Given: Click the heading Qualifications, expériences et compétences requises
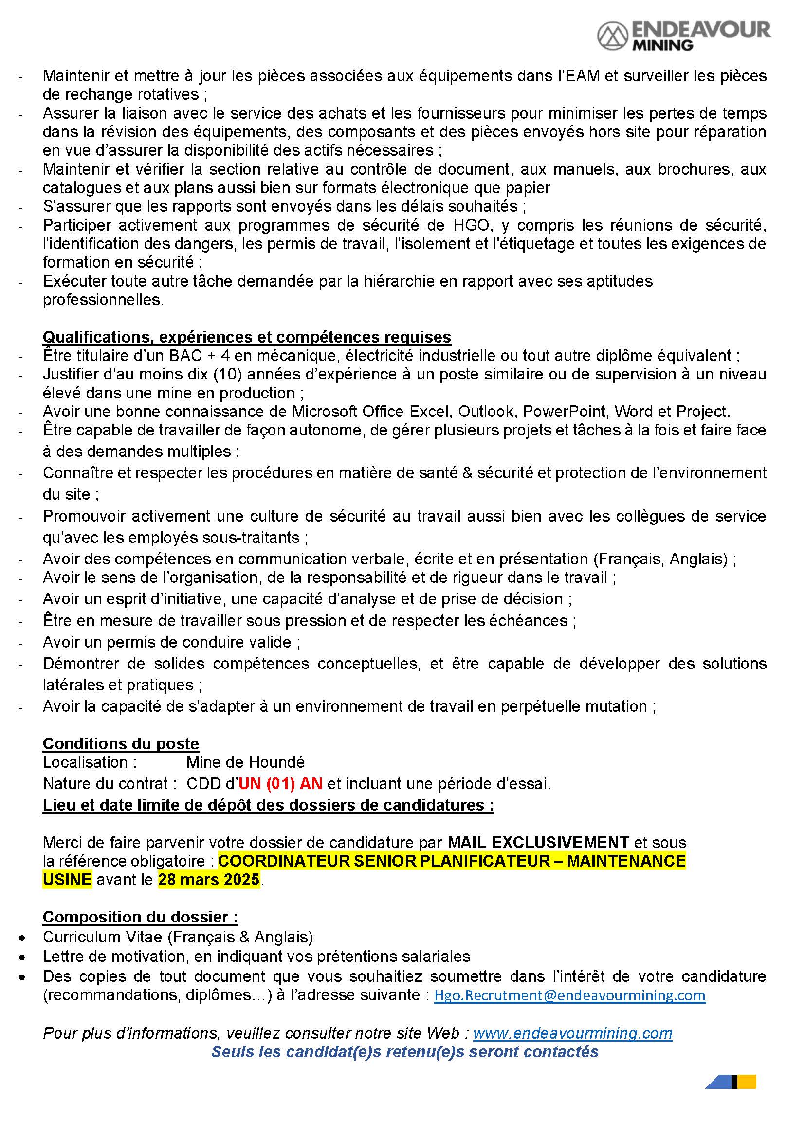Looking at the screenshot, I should pos(246,337).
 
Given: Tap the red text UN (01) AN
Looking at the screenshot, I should pos(280,784).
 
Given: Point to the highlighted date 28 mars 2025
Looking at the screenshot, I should pos(209,879).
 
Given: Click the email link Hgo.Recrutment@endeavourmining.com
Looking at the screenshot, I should pos(569,995).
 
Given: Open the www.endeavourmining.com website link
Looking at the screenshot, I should pos(572,1033).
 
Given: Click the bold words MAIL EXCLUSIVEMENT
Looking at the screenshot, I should pos(538,842).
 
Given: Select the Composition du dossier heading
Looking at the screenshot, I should pos(140,917).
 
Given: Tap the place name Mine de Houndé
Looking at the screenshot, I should pos(245,762).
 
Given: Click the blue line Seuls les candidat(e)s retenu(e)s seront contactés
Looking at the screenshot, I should pos(404,1052).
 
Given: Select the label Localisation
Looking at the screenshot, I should pos(86,762).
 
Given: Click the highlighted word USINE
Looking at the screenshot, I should pos(67,879).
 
